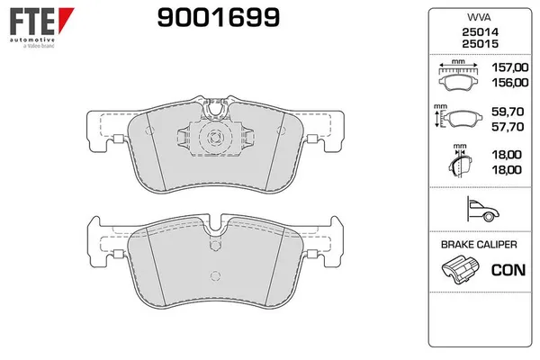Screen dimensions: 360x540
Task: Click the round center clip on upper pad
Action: pos(214,139)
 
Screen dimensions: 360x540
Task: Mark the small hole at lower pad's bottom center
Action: pos(214,276)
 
